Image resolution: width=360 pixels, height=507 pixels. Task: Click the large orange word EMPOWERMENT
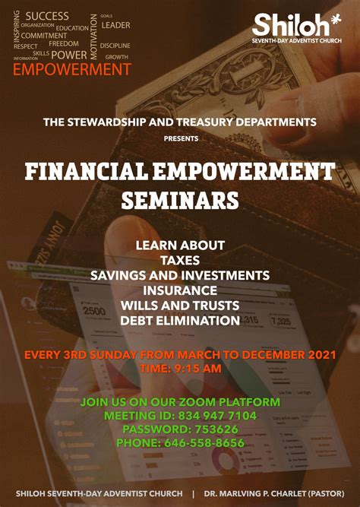(72, 69)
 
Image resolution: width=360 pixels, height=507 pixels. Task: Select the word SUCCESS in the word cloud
(47, 16)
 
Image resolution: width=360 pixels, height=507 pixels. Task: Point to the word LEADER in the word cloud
(115, 25)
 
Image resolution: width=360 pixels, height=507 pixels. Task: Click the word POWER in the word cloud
(69, 55)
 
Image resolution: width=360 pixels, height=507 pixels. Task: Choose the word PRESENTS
(181, 138)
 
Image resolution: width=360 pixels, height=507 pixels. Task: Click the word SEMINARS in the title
(180, 201)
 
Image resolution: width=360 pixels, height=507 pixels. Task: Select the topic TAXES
(180, 260)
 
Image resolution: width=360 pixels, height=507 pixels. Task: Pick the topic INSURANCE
(180, 290)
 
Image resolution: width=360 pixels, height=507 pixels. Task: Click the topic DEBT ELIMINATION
(180, 321)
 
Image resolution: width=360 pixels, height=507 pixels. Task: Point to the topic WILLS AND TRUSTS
(180, 306)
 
